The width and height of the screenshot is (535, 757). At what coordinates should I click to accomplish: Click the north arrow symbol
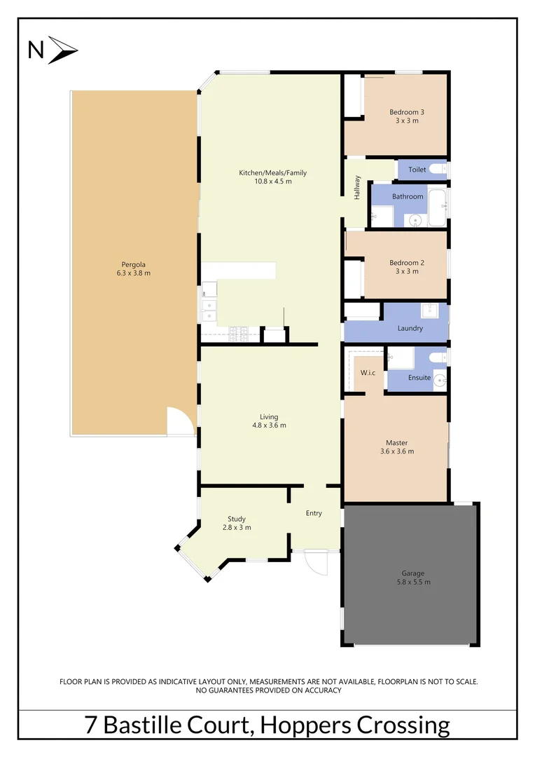(x=62, y=50)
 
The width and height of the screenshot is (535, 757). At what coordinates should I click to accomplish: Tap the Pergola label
(x=133, y=264)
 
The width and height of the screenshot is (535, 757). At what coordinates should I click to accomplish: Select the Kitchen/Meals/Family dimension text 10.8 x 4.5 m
(x=272, y=182)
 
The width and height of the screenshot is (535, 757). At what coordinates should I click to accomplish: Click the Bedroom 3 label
(x=407, y=112)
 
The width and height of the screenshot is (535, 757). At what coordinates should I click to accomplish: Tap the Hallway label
(x=356, y=188)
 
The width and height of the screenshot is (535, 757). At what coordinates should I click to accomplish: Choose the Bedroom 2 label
(x=407, y=263)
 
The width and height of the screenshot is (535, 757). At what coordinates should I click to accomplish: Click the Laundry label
(x=410, y=328)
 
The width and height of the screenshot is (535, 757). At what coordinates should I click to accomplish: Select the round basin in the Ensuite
(x=438, y=381)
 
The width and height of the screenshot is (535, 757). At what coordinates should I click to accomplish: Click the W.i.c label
(x=368, y=372)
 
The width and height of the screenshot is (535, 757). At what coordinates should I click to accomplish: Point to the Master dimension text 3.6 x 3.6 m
(x=396, y=451)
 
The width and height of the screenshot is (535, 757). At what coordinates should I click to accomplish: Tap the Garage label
(x=413, y=573)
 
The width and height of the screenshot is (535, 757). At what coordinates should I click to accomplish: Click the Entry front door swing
(x=315, y=563)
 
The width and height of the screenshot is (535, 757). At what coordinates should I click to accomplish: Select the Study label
(x=236, y=519)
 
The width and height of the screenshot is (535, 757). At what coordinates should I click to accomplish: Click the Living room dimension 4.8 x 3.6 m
(x=269, y=425)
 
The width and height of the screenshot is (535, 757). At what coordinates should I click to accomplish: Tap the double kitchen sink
(x=209, y=311)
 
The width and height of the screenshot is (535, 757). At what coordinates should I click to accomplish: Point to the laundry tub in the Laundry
(x=429, y=311)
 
